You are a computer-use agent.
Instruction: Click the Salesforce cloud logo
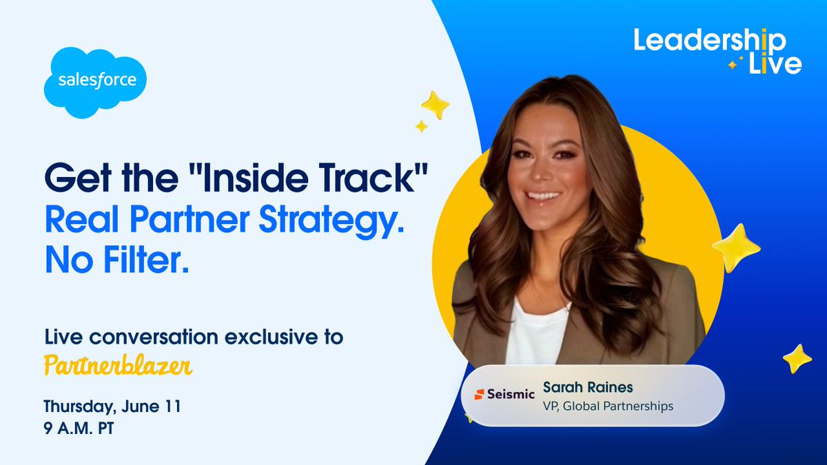click(x=95, y=82)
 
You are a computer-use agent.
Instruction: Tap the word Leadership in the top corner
click(x=710, y=41)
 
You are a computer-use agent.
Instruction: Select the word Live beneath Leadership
click(x=775, y=64)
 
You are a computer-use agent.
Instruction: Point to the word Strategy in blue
click(x=331, y=220)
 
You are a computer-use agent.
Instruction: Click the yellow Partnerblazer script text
click(x=118, y=366)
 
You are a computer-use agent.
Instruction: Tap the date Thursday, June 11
click(x=112, y=406)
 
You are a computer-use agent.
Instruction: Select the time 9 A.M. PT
click(x=79, y=428)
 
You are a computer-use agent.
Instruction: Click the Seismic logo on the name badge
click(x=504, y=394)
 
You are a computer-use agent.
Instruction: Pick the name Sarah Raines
click(x=588, y=387)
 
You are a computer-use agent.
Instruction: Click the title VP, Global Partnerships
click(x=608, y=406)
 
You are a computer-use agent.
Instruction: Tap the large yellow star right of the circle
click(x=736, y=248)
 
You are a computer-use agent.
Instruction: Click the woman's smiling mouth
click(x=543, y=196)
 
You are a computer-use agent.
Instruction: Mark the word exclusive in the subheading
click(x=271, y=337)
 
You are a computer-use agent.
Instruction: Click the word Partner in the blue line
click(x=190, y=220)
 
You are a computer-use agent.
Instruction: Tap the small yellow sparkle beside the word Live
click(x=733, y=65)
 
